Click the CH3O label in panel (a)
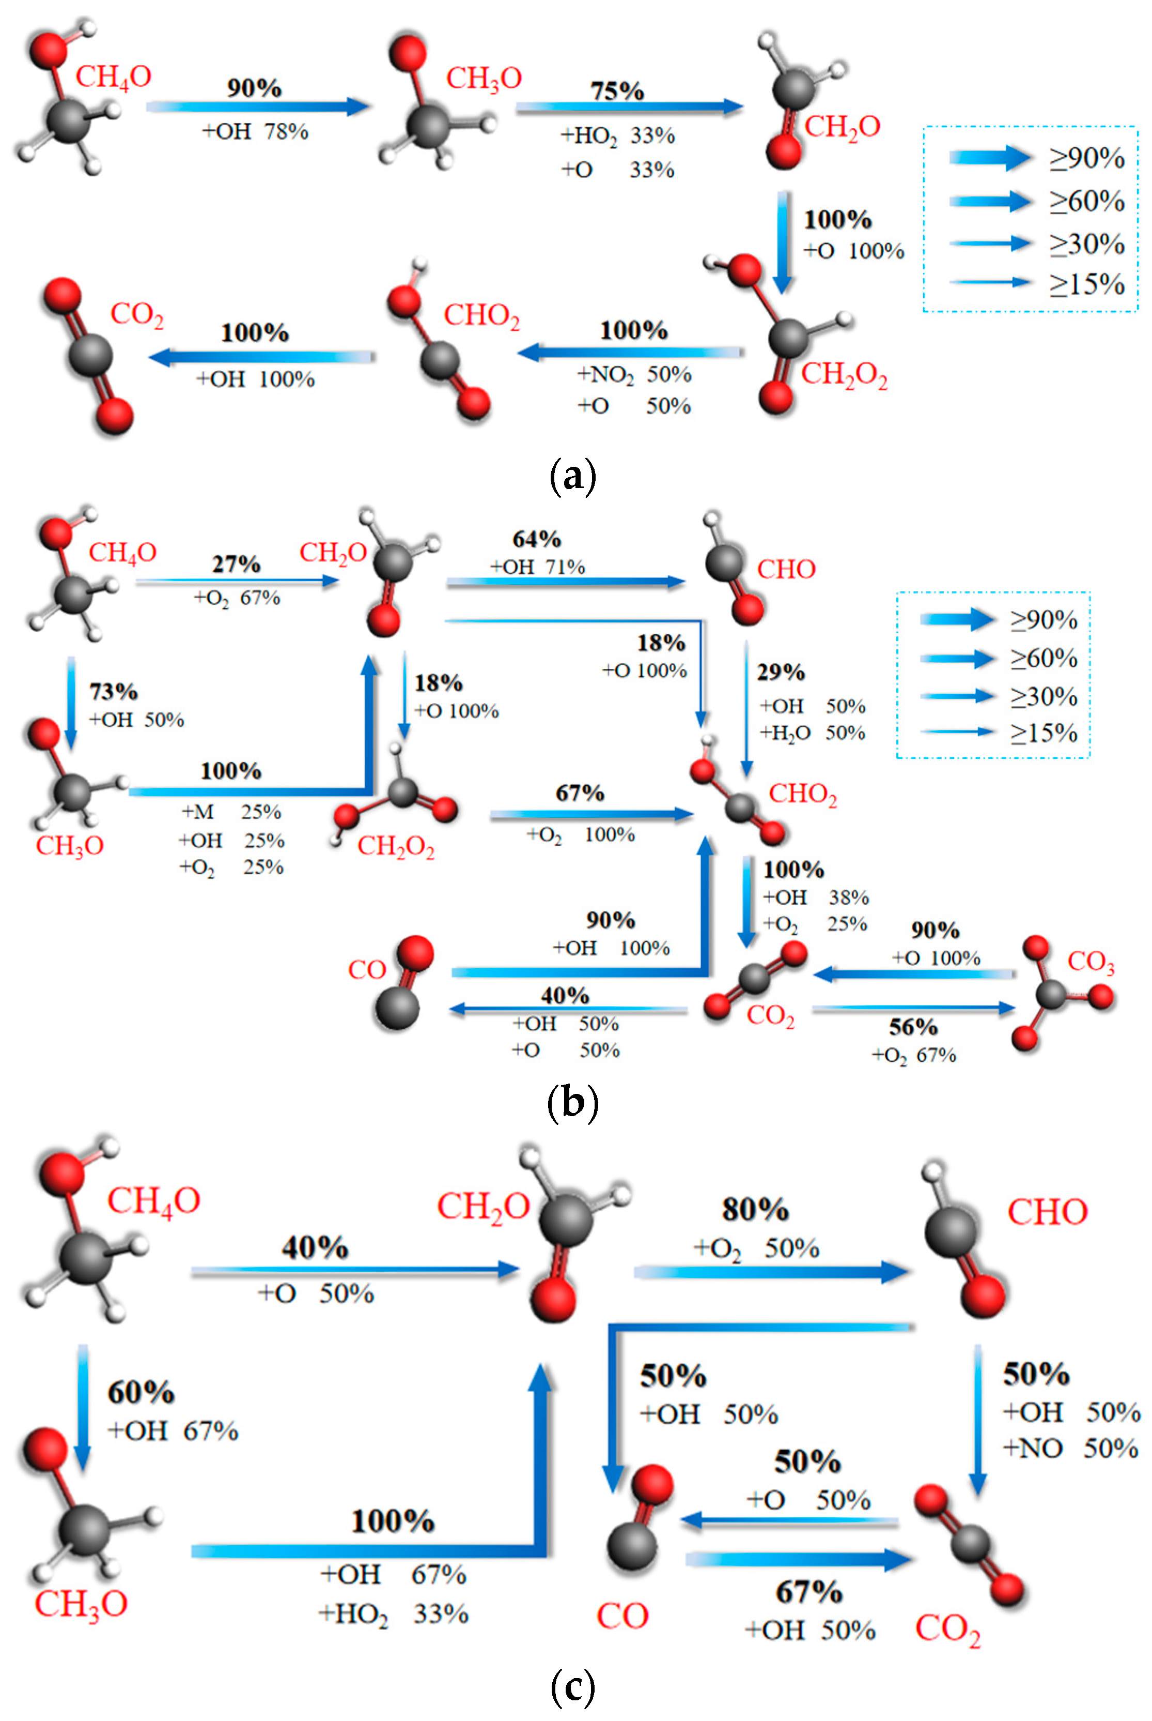[484, 78]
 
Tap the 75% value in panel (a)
[617, 90]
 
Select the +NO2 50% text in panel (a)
[634, 375]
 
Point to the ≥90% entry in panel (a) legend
[1086, 158]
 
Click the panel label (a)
[572, 476]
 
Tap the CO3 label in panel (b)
[1091, 962]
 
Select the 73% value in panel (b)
[113, 691]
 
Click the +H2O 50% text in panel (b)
[812, 733]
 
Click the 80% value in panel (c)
[755, 1209]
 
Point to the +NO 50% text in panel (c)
[1070, 1448]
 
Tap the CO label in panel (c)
[622, 1615]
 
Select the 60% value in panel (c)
[141, 1392]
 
